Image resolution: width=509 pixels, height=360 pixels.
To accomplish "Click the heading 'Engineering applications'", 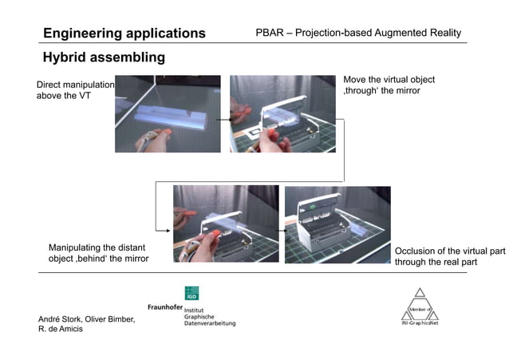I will click(124, 34).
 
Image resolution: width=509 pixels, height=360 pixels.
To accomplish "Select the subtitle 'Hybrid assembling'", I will click(104, 57).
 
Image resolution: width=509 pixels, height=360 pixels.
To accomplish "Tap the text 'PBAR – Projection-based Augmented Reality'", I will click(358, 34).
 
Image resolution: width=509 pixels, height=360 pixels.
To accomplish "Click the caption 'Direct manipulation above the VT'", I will click(75, 89).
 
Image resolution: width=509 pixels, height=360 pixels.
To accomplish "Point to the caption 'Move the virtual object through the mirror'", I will click(389, 85).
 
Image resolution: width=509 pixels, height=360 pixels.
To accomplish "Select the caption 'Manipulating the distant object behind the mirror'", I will click(98, 252).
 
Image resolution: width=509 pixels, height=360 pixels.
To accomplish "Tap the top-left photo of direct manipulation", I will click(168, 113).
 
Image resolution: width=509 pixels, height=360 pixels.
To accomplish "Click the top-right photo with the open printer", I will click(282, 113).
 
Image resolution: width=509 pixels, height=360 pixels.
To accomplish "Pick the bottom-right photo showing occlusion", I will click(337, 224).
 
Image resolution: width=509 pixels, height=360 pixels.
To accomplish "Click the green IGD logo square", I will click(191, 293).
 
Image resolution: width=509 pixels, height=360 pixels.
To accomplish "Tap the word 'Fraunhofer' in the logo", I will click(165, 307).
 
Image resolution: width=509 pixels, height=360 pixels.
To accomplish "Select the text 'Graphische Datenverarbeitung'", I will click(209, 319).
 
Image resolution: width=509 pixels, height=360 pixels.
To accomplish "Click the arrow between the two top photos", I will click(225, 115).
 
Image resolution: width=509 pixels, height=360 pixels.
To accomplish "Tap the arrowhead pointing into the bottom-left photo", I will click(168, 231).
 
